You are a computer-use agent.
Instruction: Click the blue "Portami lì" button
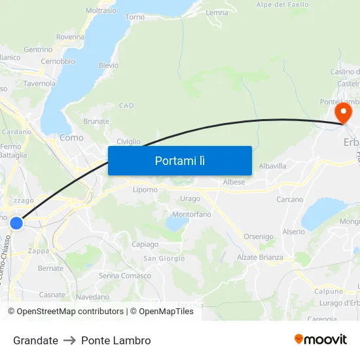click(x=180, y=160)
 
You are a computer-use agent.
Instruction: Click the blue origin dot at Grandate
click(x=16, y=223)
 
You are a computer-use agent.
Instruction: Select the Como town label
click(x=71, y=137)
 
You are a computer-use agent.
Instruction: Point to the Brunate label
click(x=96, y=121)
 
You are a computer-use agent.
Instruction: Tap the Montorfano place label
click(x=191, y=214)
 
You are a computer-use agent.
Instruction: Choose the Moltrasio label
click(x=101, y=10)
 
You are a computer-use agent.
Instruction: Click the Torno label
click(x=135, y=17)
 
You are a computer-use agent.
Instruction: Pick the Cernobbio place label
click(x=58, y=62)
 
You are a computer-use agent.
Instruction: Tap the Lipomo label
click(x=145, y=190)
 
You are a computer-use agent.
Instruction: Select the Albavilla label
click(x=272, y=166)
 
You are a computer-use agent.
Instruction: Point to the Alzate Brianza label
click(x=260, y=257)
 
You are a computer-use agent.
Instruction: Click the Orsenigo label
click(x=259, y=236)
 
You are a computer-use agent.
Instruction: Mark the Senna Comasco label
click(x=124, y=276)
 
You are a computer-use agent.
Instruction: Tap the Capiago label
click(x=145, y=244)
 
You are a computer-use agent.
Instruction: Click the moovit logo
click(x=320, y=340)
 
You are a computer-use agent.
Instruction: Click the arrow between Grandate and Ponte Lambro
click(x=69, y=340)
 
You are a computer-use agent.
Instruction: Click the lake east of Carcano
click(x=323, y=213)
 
